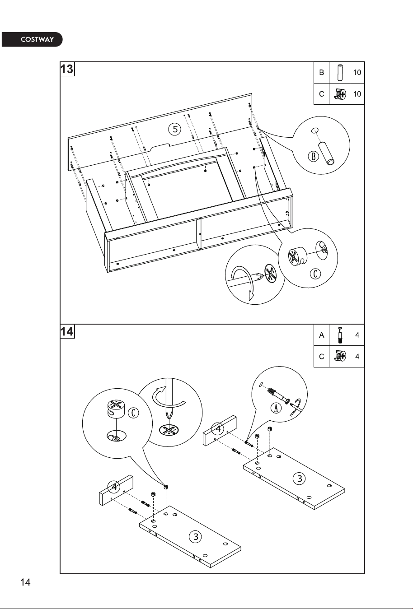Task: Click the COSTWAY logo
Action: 32,39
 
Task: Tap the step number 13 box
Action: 67,69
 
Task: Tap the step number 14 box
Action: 67,331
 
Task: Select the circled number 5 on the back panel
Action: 175,129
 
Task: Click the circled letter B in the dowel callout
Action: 314,156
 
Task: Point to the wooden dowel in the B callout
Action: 327,153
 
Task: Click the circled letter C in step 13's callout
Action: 315,274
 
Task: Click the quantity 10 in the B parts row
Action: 357,72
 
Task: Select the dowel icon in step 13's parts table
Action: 339,73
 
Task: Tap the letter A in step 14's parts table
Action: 322,335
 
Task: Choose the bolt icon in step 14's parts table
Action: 339,335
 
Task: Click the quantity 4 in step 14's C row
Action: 357,357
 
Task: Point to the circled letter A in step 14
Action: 276,408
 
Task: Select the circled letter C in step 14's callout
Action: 133,413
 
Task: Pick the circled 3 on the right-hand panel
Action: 300,478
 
